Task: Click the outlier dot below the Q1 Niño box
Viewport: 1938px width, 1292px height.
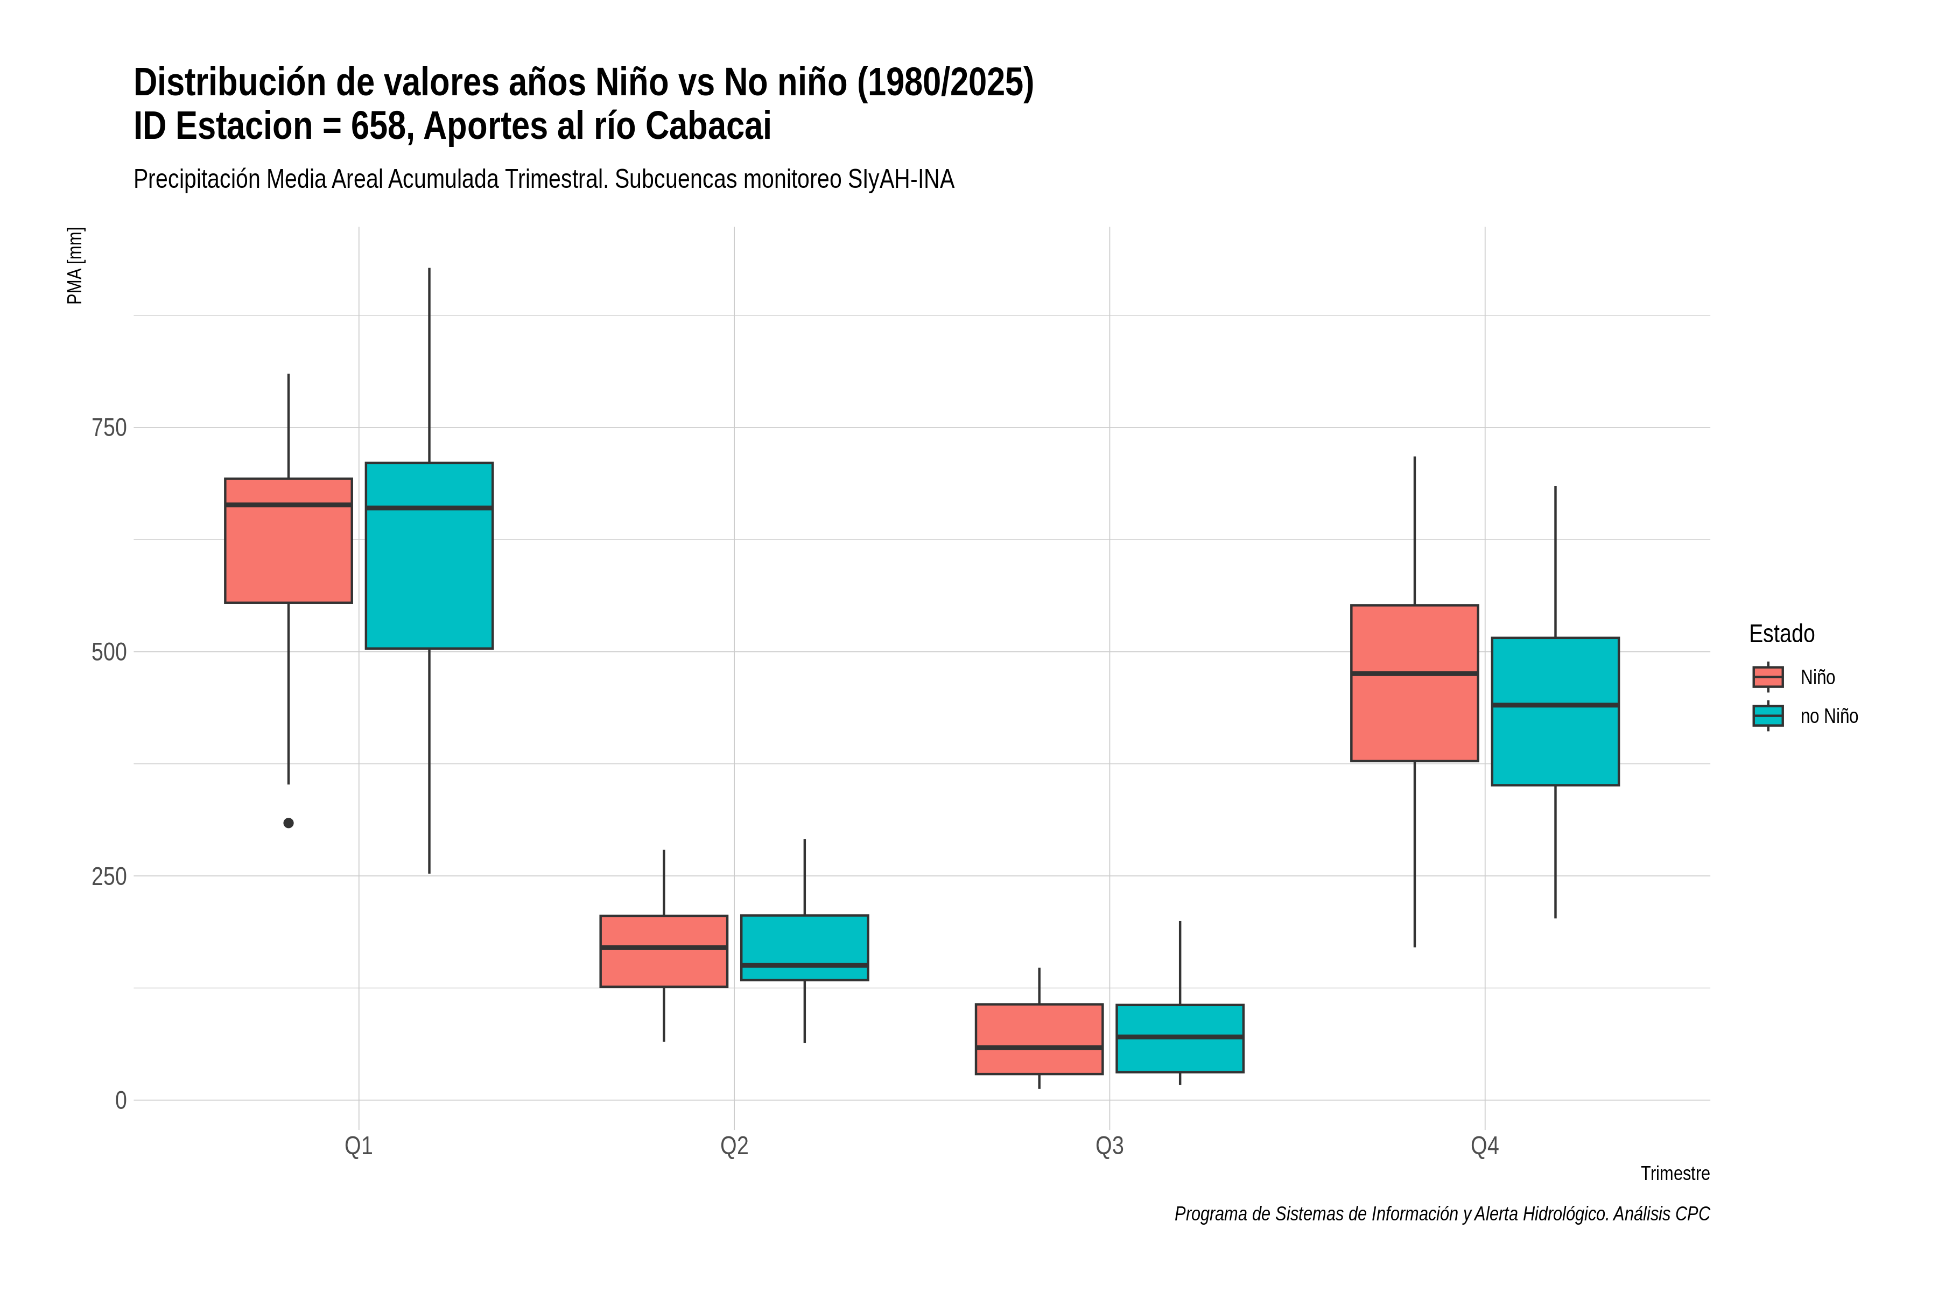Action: pos(289,823)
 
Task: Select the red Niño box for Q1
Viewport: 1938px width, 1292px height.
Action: pos(289,540)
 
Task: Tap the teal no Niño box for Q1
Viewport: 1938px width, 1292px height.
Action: pos(429,556)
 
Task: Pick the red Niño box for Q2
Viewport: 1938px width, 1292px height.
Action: pos(664,951)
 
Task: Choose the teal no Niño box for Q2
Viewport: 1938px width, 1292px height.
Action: pos(804,947)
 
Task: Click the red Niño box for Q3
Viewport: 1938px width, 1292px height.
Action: pos(1039,1039)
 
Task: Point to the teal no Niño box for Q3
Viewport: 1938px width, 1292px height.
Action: pos(1180,1038)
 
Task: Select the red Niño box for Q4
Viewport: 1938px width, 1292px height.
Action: pos(1415,683)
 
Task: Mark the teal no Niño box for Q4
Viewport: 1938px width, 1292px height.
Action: pos(1556,711)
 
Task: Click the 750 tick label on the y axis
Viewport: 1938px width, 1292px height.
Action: pos(109,427)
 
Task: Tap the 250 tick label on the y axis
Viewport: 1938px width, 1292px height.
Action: pos(109,876)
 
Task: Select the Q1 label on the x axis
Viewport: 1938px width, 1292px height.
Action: pos(359,1146)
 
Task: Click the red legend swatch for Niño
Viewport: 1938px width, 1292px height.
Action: pos(1768,677)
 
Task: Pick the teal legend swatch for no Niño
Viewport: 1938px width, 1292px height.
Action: pos(1768,715)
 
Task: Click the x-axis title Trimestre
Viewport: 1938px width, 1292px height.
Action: pos(1675,1174)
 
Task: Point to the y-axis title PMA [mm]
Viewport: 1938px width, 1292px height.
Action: pos(75,265)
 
